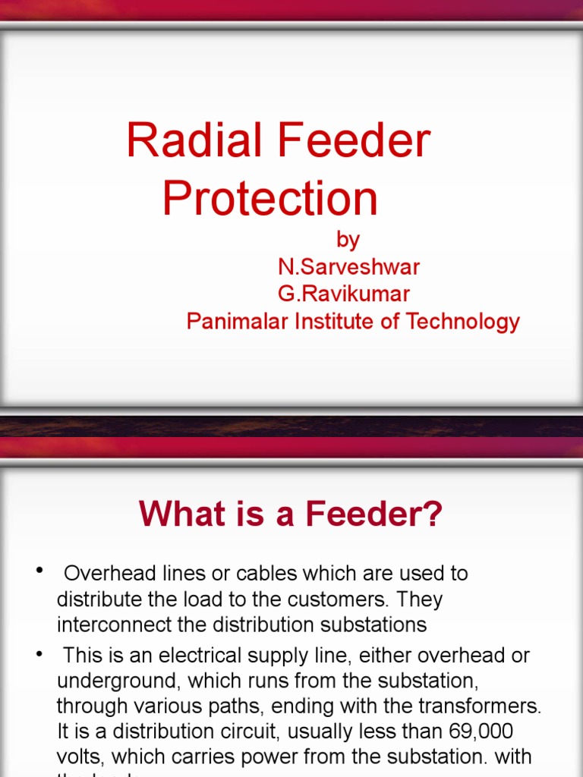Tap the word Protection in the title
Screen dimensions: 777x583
270,199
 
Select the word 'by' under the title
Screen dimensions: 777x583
348,241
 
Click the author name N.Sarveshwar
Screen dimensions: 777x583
348,267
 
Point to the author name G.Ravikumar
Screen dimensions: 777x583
344,294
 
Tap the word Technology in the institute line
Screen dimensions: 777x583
462,322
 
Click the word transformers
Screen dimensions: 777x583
486,707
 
